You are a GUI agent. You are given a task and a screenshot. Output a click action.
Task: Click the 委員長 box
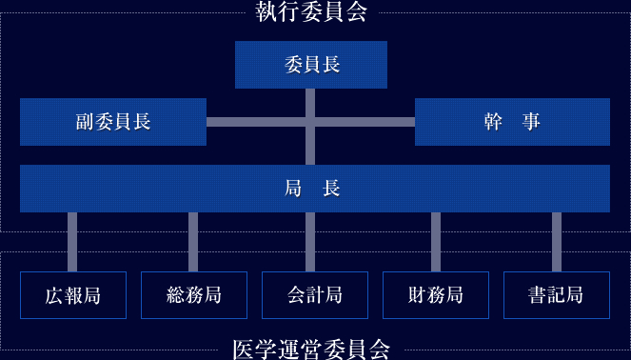point(311,65)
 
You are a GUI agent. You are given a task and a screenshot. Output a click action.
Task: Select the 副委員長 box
point(113,122)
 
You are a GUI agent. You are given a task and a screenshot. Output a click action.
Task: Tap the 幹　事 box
point(512,122)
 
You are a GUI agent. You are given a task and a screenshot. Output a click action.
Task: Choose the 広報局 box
point(73,295)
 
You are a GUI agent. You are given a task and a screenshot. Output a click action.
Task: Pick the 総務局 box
point(194,295)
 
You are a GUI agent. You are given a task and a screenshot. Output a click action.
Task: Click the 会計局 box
point(315,295)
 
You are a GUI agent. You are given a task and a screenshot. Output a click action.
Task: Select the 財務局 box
point(436,295)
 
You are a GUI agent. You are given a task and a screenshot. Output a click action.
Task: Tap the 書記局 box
point(557,295)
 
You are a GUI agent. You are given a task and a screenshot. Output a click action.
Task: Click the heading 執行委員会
point(311,11)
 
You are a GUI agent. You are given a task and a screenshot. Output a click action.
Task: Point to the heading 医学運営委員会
point(311,349)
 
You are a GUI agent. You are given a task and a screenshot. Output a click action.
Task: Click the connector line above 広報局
point(72,242)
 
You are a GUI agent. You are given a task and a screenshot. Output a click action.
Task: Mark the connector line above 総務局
point(193,242)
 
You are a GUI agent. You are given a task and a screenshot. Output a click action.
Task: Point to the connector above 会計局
point(311,242)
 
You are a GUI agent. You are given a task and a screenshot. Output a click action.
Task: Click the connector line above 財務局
point(436,242)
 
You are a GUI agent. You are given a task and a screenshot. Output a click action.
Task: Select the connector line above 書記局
point(557,242)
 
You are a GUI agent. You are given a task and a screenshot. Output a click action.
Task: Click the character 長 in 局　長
point(331,189)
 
